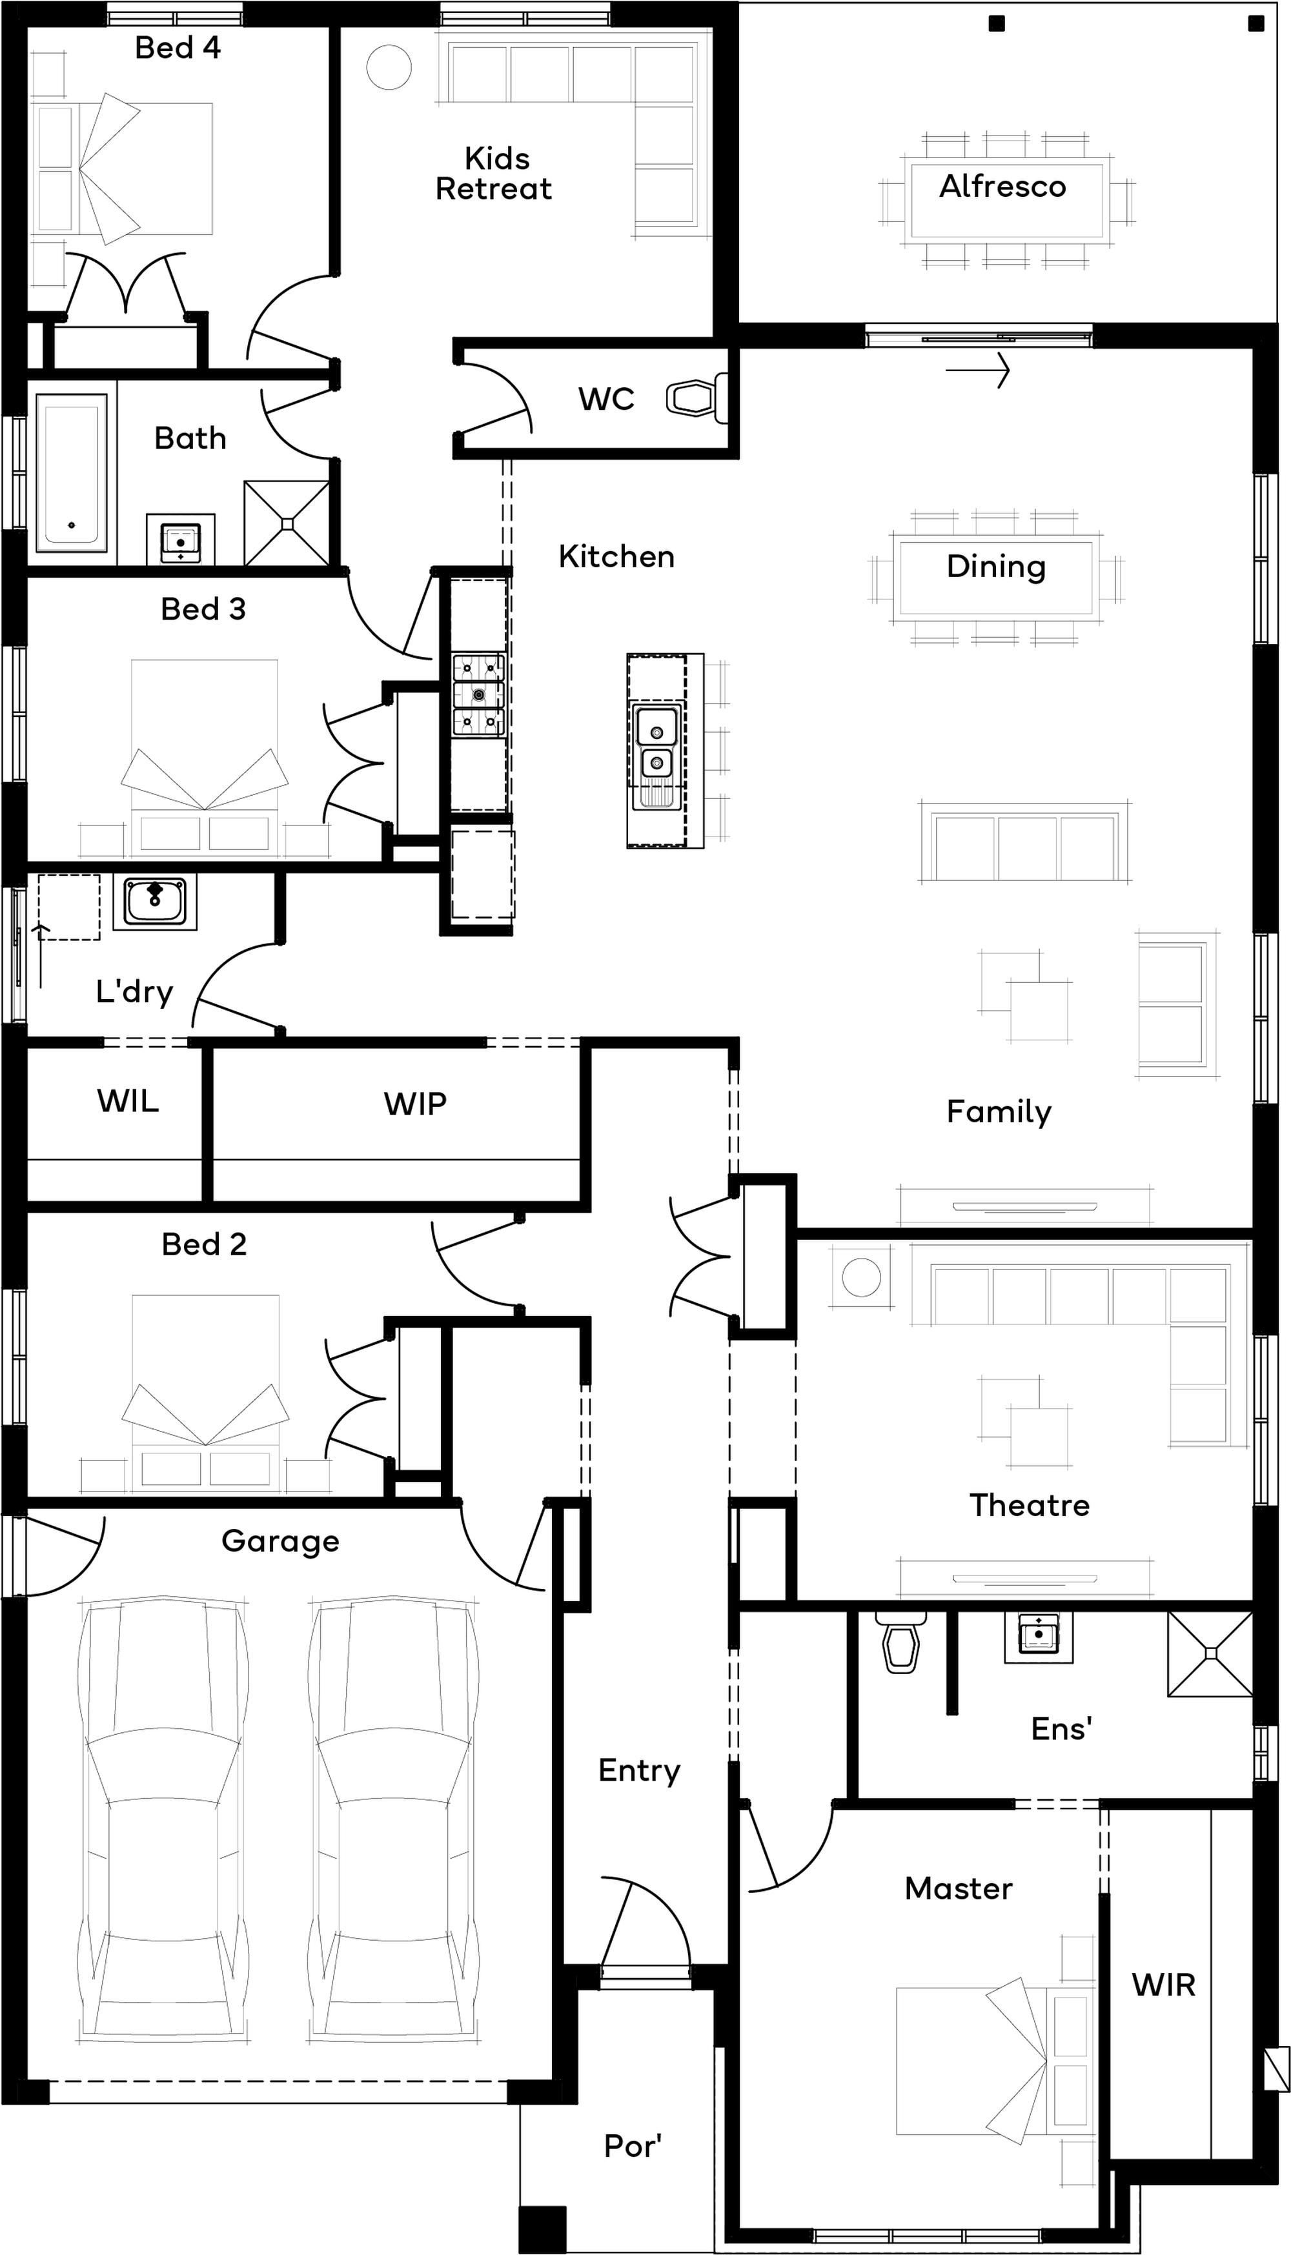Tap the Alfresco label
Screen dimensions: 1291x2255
pos(1003,186)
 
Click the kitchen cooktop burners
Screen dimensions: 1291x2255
pos(479,695)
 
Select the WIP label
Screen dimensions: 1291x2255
pos(415,1104)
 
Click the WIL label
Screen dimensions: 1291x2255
pos(128,1101)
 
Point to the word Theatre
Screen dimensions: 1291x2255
pos(1030,1505)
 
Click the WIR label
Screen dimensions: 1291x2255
pos(1163,1985)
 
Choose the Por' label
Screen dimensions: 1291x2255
pos(633,2146)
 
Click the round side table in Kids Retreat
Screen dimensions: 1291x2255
pos(389,67)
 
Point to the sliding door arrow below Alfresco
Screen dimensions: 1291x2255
pos(978,370)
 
